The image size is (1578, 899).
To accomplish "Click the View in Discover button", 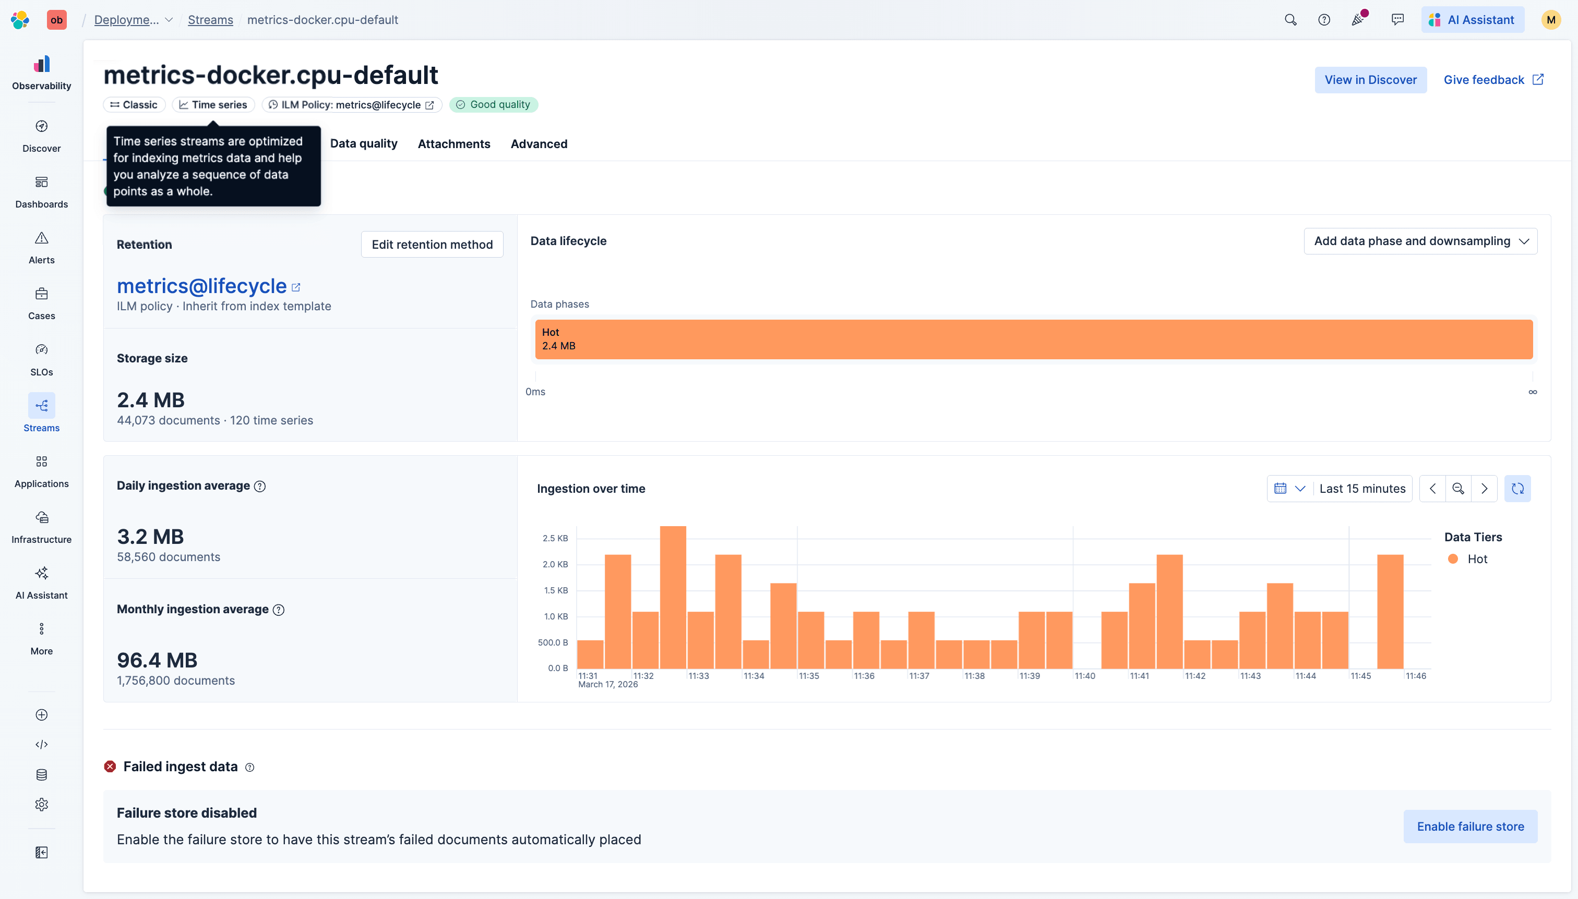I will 1370,80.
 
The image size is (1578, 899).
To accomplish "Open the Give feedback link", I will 1492,80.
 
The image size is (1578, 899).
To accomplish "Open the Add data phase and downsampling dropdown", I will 1420,241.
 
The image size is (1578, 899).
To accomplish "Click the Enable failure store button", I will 1469,826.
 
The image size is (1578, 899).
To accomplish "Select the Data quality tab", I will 363,143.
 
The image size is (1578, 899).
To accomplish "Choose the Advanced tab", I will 538,143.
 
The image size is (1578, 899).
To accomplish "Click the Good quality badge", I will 493,104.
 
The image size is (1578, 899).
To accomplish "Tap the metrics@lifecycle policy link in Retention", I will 201,286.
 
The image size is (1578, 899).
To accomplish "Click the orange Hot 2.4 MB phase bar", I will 1033,339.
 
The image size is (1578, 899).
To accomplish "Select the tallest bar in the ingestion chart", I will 672,597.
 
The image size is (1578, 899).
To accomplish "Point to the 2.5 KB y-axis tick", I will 555,538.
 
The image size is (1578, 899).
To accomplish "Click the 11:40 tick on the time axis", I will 1084,675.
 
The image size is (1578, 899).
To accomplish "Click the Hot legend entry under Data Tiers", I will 1476,559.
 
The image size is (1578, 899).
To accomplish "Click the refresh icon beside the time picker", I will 1517,489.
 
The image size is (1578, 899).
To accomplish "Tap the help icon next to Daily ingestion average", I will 260,486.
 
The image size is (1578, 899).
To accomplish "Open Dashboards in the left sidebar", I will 41,191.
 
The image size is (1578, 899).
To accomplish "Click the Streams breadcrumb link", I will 210,20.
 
